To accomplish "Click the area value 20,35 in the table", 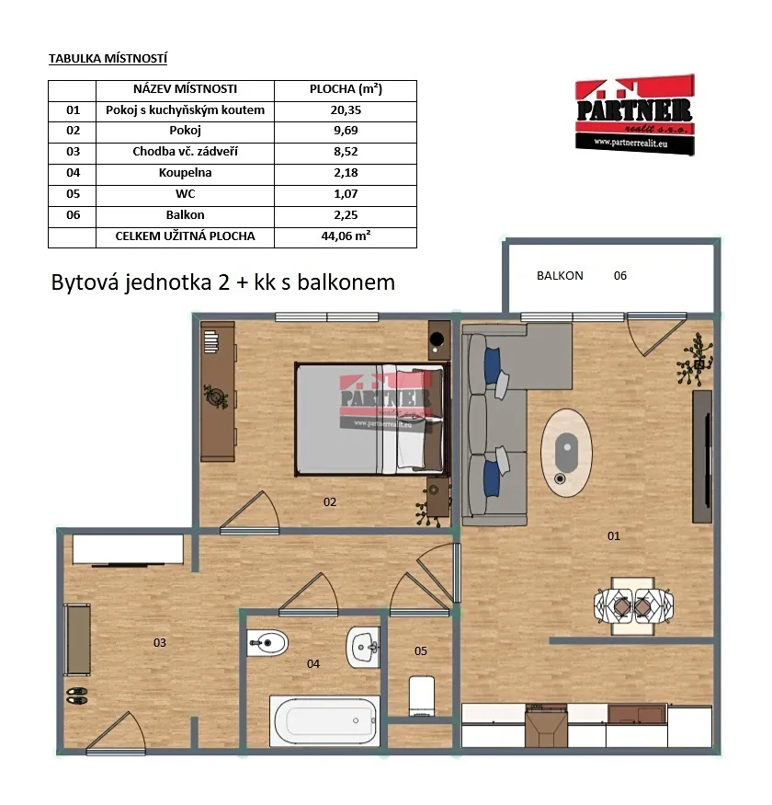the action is (346, 110).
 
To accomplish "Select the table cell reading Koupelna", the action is (185, 173).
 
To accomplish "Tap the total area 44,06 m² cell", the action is (346, 236).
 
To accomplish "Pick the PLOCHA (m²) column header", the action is (346, 89).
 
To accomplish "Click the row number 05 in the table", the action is (73, 194).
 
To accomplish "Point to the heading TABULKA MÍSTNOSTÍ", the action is (108, 59).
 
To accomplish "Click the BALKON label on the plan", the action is (560, 276).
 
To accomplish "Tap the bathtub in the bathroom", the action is (324, 720).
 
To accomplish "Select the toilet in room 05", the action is (422, 696).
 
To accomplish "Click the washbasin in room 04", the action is (363, 647).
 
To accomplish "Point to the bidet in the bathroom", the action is (267, 643).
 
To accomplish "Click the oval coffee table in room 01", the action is (566, 453).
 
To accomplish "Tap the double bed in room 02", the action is (372, 419).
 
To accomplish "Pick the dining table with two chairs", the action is (633, 606).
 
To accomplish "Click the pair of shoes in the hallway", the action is (77, 696).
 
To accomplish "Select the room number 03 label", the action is (160, 643).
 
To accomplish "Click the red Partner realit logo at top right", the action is (634, 114).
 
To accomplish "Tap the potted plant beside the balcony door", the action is (695, 360).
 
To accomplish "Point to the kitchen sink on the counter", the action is (637, 714).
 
